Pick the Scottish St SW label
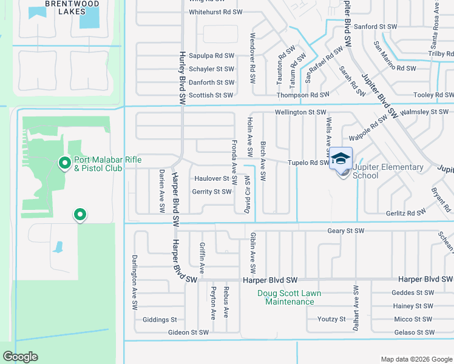(211, 95)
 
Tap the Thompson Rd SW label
(302, 95)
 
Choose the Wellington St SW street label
(300, 112)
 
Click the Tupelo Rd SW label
(308, 163)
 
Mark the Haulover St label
(212, 179)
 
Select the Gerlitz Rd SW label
(405, 214)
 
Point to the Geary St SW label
(345, 231)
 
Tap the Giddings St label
(159, 320)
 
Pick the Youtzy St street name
(331, 319)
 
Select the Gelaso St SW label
(415, 332)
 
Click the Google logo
(21, 357)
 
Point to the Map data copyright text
(415, 359)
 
